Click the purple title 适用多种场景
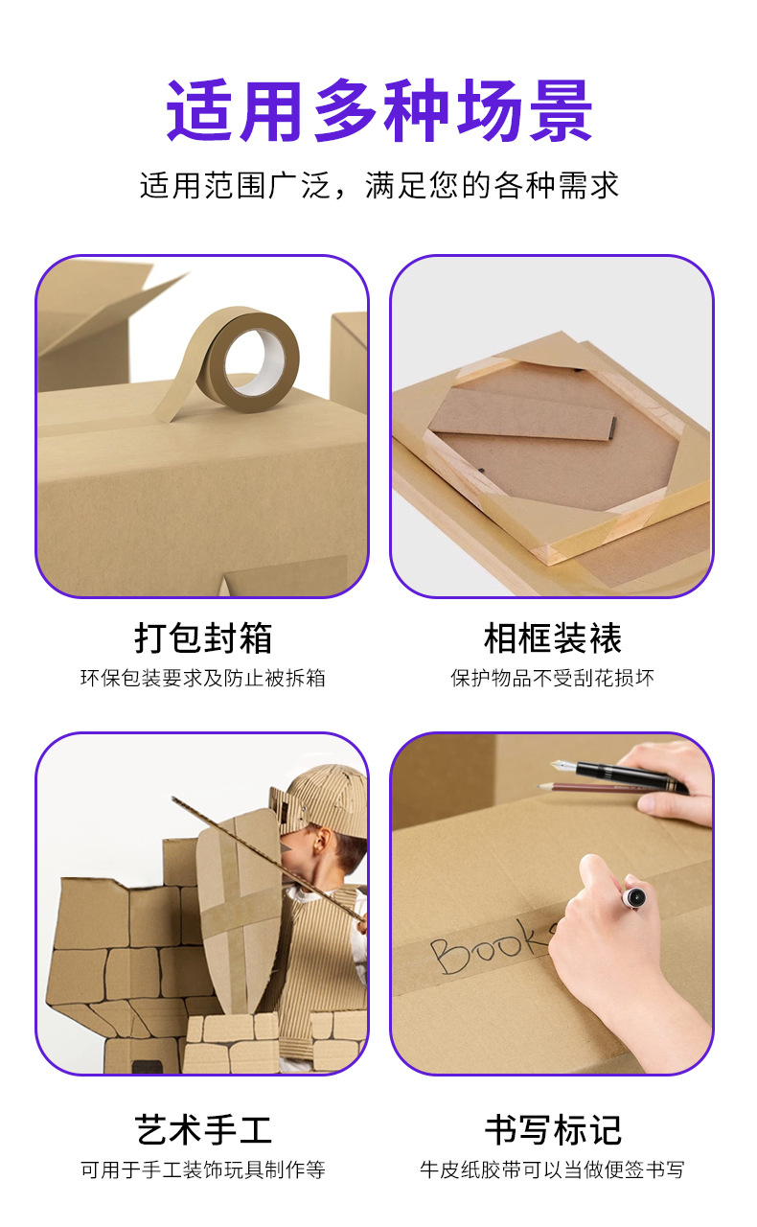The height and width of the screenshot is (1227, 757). click(x=379, y=110)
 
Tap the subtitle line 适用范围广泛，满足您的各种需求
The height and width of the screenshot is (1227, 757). click(x=379, y=185)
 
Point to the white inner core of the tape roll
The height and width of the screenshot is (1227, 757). click(x=256, y=362)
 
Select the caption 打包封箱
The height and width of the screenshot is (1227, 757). click(x=203, y=638)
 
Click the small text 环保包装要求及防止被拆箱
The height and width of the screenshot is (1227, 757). click(x=203, y=678)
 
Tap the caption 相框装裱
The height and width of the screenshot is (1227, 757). click(x=553, y=638)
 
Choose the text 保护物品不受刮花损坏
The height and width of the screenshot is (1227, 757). click(x=553, y=678)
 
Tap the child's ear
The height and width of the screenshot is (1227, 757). click(x=320, y=843)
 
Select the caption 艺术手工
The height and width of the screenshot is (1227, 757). click(x=203, y=1130)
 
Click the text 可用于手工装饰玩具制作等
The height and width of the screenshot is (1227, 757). click(x=203, y=1170)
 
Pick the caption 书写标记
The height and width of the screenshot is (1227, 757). click(x=553, y=1130)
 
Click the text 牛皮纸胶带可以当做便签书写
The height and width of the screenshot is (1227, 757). click(x=553, y=1170)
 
